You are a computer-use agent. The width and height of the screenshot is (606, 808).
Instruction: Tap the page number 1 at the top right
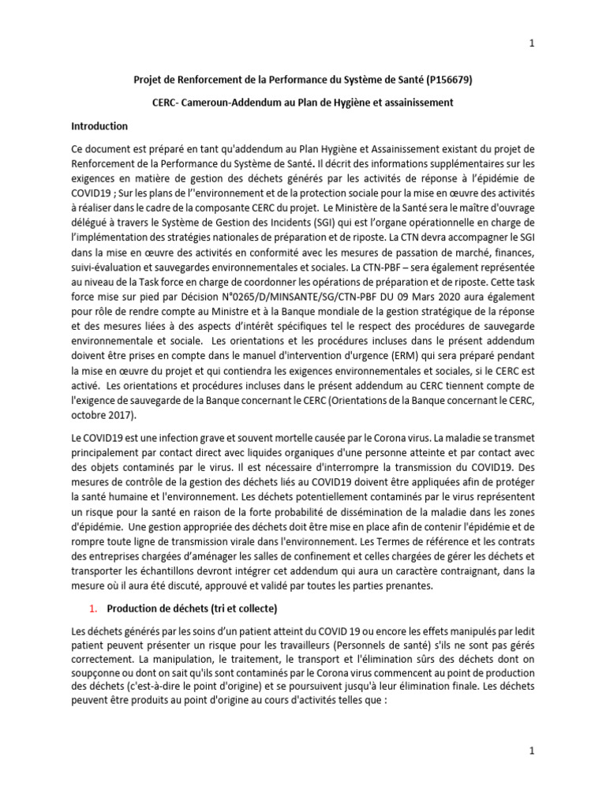(x=532, y=43)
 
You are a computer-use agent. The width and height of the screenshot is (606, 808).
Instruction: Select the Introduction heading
(x=99, y=126)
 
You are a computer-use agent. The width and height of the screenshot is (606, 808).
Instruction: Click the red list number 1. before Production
(x=92, y=608)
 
